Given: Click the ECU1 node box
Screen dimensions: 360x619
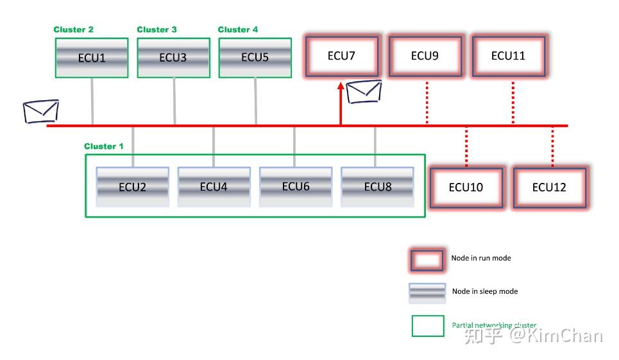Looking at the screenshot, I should point(92,58).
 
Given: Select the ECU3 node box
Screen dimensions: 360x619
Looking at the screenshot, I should point(173,58).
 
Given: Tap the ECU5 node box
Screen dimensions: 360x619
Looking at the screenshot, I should point(255,58).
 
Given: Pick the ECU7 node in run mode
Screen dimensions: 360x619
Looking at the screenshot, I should point(341,56).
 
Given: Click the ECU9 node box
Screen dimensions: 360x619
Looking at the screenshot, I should point(425,56).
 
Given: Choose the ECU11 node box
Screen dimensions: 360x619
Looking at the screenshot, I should point(509,56).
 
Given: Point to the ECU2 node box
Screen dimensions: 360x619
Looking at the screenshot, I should point(133,187).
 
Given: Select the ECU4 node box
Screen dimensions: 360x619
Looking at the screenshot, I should point(214,187).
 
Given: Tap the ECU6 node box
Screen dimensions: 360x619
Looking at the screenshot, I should point(295,187).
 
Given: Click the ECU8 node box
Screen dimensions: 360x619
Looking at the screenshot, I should point(377,187).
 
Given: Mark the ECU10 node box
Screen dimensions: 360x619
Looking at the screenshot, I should point(466,187).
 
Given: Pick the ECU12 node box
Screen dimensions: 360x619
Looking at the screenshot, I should point(550,187).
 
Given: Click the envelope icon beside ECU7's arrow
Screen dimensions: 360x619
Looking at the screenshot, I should point(364,92).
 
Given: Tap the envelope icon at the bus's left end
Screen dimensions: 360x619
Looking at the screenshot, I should point(40,111).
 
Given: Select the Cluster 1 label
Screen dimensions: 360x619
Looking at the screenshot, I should point(104,146).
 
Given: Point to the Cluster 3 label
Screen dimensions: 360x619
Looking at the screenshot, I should point(157,30).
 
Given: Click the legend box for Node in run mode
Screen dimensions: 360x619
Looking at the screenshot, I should point(427,259).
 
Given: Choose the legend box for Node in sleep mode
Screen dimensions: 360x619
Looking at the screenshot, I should point(427,293).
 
